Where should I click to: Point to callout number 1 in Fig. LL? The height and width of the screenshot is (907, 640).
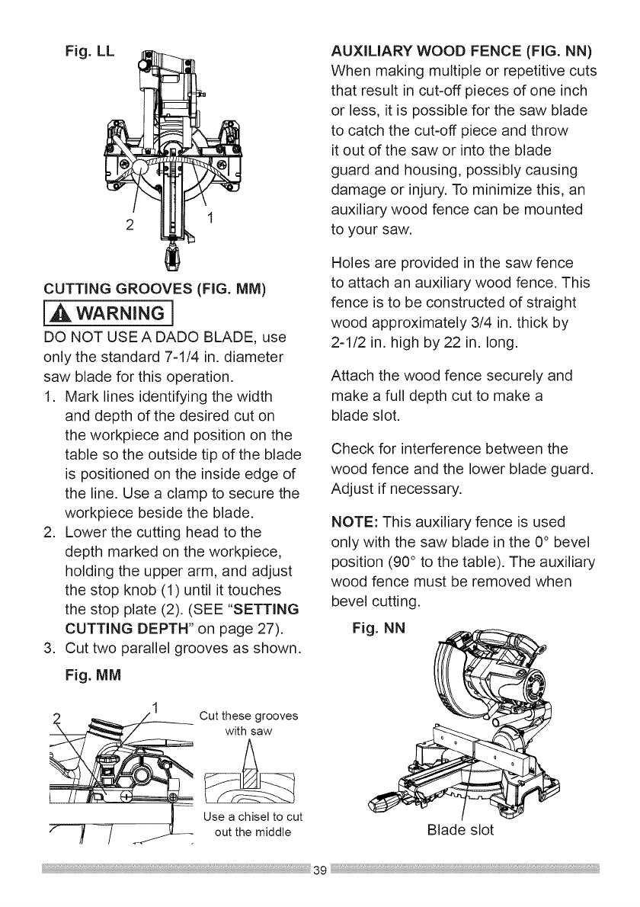pos(212,219)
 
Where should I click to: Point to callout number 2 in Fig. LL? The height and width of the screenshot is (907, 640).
pos(131,226)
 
